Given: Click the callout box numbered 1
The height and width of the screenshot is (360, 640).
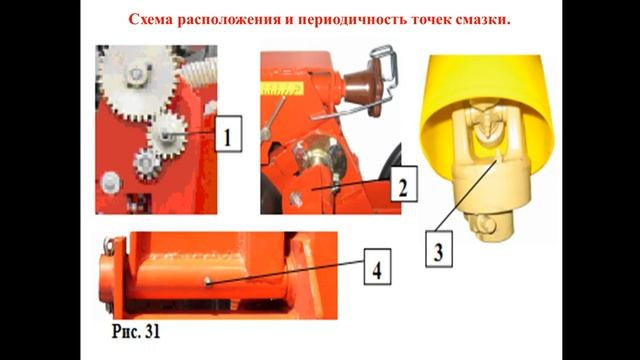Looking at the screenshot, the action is pyautogui.click(x=228, y=134).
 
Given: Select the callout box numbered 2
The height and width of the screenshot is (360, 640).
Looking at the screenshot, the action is pyautogui.click(x=404, y=184).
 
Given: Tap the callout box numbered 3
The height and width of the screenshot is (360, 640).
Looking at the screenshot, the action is pyautogui.click(x=439, y=249).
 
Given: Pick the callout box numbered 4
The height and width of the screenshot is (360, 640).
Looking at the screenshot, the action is pyautogui.click(x=377, y=267).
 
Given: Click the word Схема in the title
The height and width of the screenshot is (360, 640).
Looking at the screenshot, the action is pyautogui.click(x=150, y=19).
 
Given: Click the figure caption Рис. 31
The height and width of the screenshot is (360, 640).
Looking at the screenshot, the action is pyautogui.click(x=136, y=331).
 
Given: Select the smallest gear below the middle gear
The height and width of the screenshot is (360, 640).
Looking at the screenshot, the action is pyautogui.click(x=146, y=163).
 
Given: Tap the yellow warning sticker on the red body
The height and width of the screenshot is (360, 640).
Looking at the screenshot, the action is pyautogui.click(x=282, y=89).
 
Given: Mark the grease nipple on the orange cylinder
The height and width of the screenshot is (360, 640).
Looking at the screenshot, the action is pyautogui.click(x=208, y=281).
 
